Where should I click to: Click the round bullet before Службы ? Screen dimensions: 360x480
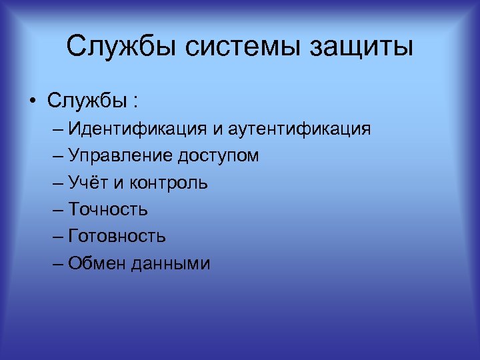click(32, 103)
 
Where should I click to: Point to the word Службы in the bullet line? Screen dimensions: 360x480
click(86, 102)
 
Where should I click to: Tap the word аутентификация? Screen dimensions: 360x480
click(299, 129)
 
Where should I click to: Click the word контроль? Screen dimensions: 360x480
click(169, 183)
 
